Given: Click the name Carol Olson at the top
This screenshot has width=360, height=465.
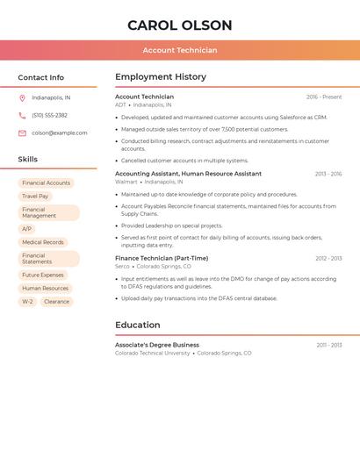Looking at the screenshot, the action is (x=180, y=25).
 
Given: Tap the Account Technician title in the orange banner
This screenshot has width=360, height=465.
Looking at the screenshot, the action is (x=180, y=50).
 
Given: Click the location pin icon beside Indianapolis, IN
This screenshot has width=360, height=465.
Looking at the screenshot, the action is (x=22, y=97).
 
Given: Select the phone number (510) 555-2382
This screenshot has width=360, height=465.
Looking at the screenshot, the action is (x=49, y=115).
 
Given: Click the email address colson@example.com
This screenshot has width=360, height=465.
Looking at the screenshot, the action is (x=60, y=132).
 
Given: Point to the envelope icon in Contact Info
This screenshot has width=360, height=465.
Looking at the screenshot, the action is (x=22, y=132).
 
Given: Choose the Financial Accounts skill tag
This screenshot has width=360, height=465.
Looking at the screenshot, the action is (x=46, y=182).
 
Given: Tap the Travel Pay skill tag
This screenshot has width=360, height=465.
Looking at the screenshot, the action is (x=35, y=197).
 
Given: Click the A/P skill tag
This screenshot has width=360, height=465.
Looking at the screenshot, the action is (x=26, y=229).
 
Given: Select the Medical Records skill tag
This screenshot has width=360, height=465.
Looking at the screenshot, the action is (x=43, y=242).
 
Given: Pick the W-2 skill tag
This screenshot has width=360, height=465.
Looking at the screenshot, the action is (x=27, y=302).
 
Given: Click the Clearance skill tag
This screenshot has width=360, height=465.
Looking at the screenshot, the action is (x=56, y=302).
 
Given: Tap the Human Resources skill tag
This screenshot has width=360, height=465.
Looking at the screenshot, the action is (x=45, y=288).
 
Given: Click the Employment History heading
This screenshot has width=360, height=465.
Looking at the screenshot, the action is (x=161, y=77).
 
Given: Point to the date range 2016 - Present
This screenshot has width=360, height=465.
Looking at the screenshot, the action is (x=324, y=97).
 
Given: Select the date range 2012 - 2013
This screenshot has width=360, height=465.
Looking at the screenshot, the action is (x=328, y=258).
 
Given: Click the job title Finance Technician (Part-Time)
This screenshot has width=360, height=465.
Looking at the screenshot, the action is (x=162, y=258).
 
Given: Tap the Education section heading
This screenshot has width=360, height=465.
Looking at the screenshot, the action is (x=137, y=325).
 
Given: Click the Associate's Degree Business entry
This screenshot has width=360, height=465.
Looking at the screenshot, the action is (x=157, y=345).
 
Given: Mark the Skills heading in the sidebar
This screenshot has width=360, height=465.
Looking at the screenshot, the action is (x=28, y=160).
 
